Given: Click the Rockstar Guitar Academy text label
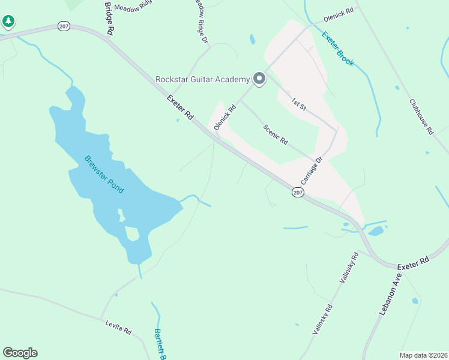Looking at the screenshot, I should tap(202, 79).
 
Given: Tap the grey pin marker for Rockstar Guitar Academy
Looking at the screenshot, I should tap(259, 79).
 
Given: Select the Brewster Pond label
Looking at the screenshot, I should tap(104, 175).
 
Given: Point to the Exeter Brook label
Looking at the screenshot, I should tap(338, 49).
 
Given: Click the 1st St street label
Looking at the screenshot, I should tap(299, 103).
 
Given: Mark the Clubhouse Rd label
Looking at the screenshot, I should tap(421, 116).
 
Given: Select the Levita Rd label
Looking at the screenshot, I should tap(118, 327).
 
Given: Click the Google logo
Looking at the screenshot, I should tap(20, 353).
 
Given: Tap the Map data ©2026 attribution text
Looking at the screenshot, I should tap(423, 355).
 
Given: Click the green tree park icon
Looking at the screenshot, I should tap(8, 22).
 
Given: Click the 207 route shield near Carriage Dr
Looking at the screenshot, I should tap(298, 192).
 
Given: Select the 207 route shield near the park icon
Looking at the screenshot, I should tap(64, 26).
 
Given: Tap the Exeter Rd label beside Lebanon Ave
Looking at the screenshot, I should tap(415, 262).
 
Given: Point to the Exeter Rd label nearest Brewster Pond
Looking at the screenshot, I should tap(180, 107).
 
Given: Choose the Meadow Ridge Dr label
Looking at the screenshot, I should tap(200, 22).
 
